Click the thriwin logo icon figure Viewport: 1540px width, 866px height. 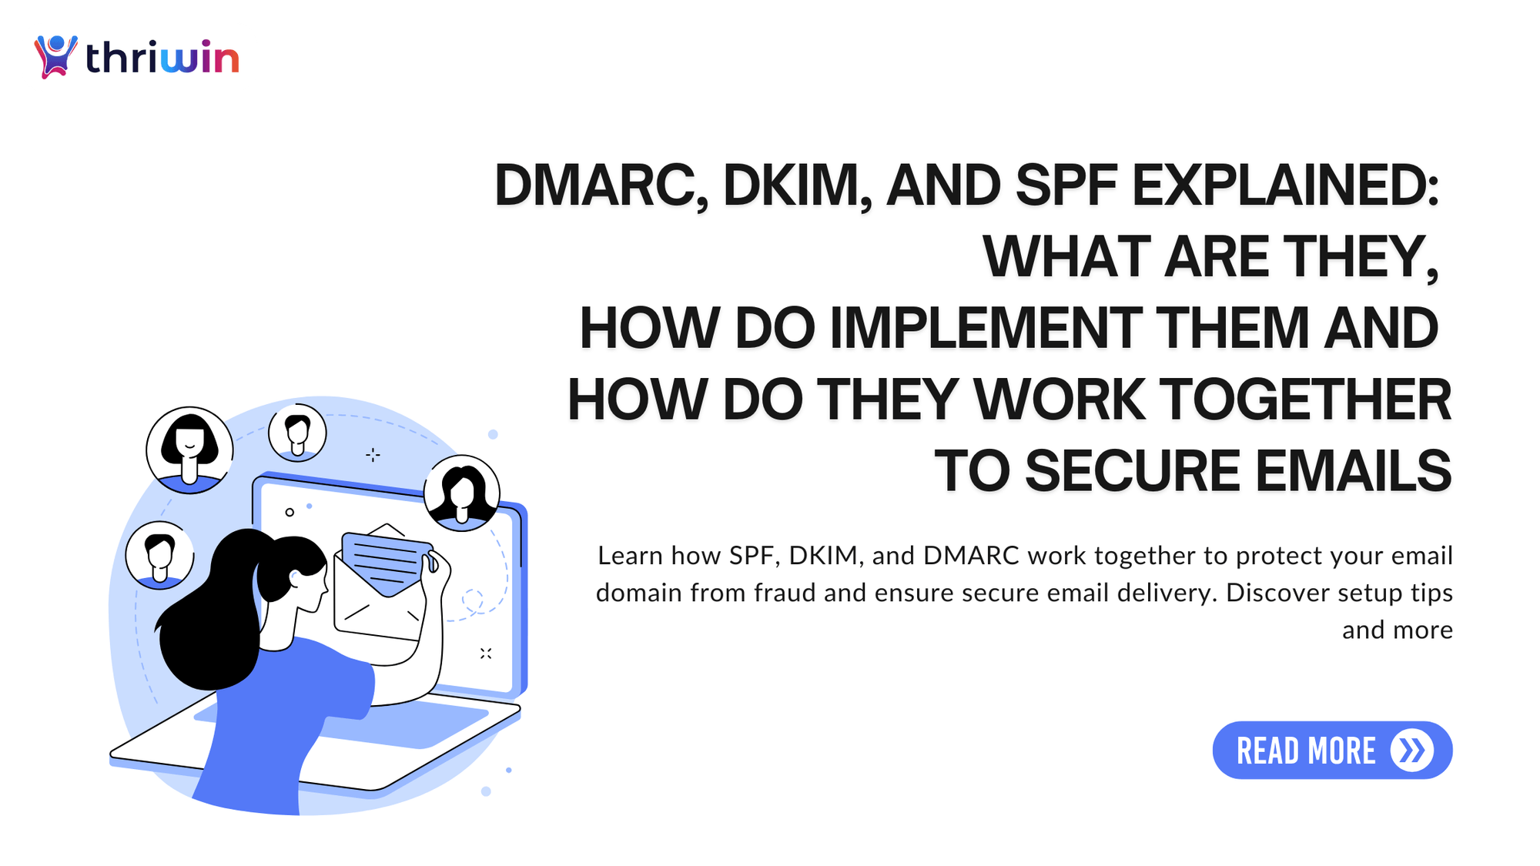pos(55,56)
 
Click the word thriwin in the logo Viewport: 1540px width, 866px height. pos(162,58)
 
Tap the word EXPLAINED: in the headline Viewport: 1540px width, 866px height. pos(1284,186)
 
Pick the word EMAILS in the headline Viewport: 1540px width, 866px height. pos(1354,471)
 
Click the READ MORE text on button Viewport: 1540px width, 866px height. pos(1305,751)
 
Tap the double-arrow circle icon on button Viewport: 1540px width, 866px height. pos(1411,751)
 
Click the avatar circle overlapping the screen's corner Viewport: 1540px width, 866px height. pos(462,493)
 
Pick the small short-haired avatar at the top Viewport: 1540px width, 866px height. pos(297,433)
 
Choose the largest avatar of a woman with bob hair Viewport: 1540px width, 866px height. pos(189,450)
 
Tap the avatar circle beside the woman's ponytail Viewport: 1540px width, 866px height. pos(159,555)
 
